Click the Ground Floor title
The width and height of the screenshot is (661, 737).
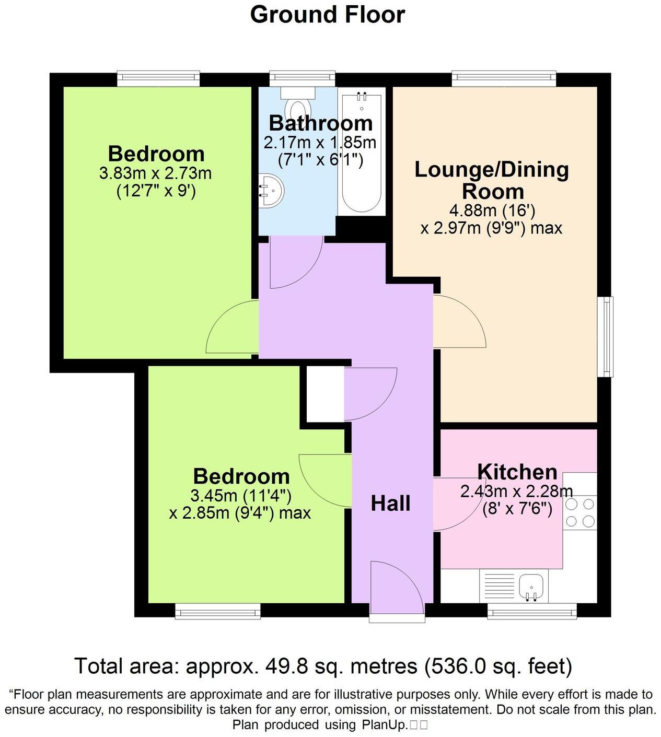[x=328, y=15]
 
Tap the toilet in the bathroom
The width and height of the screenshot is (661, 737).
[x=298, y=104]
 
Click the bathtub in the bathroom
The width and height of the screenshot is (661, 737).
[x=361, y=151]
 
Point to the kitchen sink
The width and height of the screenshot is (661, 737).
[x=532, y=586]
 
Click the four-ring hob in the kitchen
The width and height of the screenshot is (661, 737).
[x=580, y=512]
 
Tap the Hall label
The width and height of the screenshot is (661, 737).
[x=390, y=504]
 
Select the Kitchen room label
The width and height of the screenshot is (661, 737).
[x=517, y=472]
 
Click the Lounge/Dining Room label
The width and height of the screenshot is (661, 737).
[x=492, y=180]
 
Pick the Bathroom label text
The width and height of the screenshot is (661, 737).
[x=321, y=123]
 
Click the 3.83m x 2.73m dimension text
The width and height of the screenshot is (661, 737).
[x=155, y=173]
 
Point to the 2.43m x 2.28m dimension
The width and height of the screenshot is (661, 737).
[x=516, y=491]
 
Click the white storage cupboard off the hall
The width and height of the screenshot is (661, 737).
[x=324, y=394]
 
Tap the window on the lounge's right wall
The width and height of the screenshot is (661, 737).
[x=605, y=336]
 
